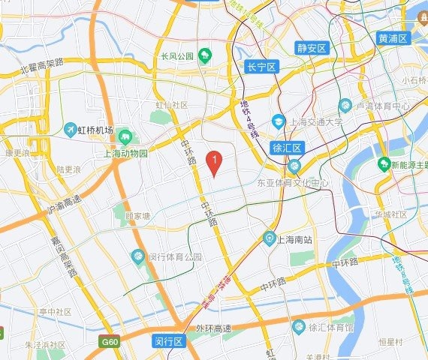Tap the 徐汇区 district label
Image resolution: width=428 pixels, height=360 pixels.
(x=286, y=148)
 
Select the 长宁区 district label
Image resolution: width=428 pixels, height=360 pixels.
(x=262, y=67)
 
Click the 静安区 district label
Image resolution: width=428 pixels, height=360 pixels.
(x=312, y=48)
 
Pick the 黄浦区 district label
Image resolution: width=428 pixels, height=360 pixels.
(x=392, y=38)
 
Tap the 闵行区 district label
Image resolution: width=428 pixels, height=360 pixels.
(x=168, y=341)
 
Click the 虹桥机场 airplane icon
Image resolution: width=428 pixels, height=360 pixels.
(x=71, y=130)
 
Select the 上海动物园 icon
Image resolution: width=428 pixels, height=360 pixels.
(x=125, y=137)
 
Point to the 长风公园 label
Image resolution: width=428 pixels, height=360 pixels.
(x=177, y=55)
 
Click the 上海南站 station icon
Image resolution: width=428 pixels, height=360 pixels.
(x=270, y=239)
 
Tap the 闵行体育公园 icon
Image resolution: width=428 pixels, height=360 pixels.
(x=138, y=257)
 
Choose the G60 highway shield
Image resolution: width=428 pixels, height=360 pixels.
(x=110, y=342)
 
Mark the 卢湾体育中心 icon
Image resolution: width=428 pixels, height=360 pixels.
(x=345, y=105)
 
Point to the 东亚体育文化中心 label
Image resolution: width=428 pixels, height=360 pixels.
(x=293, y=182)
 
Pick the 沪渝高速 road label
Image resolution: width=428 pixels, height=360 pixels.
(x=63, y=203)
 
